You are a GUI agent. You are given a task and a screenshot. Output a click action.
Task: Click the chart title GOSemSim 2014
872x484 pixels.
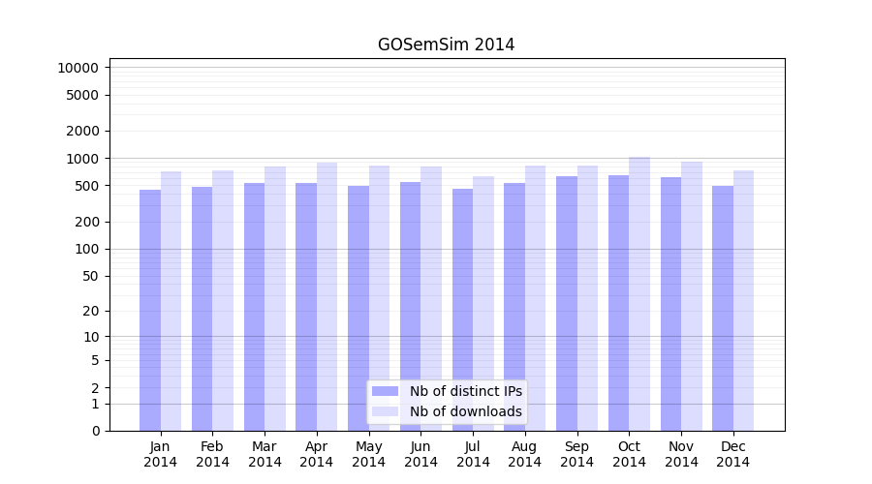pos(446,45)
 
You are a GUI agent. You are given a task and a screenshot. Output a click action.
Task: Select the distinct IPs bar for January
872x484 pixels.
pos(150,310)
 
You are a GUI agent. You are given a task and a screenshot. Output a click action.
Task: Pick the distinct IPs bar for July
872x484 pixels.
pos(462,310)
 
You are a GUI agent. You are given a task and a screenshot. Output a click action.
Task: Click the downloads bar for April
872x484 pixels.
pos(327,296)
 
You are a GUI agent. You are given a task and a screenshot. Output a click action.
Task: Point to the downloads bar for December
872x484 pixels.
pos(744,300)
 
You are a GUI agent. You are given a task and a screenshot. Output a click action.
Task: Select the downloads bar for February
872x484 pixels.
pos(223,300)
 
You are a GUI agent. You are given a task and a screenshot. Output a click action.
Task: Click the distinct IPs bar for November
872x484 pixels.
pos(670,304)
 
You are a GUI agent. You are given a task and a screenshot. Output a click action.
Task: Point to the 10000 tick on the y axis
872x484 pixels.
pos(78,68)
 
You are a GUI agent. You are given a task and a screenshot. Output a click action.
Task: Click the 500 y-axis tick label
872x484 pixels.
pos(85,186)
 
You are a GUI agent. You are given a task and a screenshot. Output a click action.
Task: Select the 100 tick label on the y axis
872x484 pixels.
pos(85,249)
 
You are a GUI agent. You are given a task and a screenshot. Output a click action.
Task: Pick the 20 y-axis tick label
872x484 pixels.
pos(89,311)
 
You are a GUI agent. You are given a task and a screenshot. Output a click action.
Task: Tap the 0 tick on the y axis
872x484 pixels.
pos(95,431)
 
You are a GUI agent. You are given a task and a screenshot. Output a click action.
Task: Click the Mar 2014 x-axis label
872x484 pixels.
pos(265,454)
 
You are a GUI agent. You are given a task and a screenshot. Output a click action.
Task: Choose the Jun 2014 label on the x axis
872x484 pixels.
pos(420,454)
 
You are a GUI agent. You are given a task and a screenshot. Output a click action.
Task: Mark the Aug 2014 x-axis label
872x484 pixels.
pos(525,454)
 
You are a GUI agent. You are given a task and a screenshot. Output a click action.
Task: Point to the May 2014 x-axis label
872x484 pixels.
pos(368,454)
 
